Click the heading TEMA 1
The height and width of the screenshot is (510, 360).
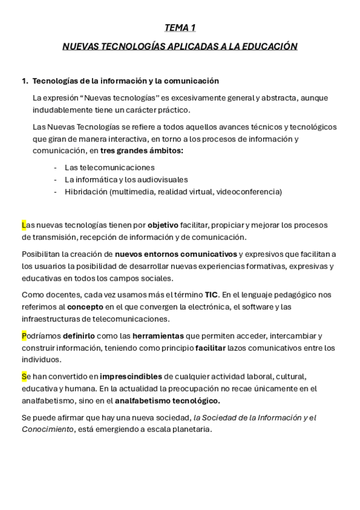(x=180, y=28)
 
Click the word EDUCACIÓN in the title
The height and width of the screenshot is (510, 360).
(x=269, y=46)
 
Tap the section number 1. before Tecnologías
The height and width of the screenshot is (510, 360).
(x=25, y=81)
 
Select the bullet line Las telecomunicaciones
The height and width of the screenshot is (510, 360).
(x=109, y=167)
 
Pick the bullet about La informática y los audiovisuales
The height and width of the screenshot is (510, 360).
(x=126, y=179)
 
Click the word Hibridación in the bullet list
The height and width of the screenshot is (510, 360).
(x=86, y=191)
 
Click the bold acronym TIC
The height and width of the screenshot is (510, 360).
(x=211, y=295)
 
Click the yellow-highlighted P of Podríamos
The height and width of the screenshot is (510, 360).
(x=24, y=336)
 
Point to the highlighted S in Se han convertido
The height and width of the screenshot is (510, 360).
(x=24, y=377)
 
